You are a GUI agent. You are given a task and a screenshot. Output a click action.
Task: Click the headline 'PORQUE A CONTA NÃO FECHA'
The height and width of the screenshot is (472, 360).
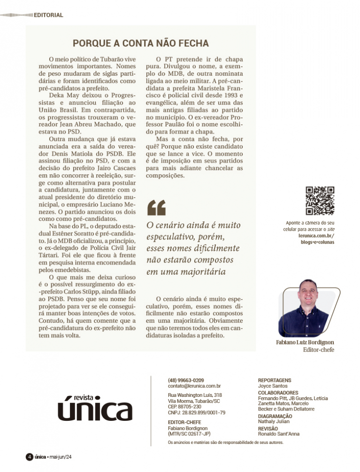click(x=140, y=44)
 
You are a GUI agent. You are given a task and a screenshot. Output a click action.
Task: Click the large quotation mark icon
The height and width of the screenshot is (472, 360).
click(x=156, y=207)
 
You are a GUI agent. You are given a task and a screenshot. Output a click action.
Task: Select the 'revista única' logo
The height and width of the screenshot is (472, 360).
click(x=95, y=406)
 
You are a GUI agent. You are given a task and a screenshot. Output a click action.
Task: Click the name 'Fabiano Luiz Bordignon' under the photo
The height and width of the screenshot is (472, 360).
click(x=305, y=342)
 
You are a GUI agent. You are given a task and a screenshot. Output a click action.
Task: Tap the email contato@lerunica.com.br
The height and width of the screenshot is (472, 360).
click(x=194, y=386)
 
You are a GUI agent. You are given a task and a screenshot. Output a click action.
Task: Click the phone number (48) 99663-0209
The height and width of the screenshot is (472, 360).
click(x=186, y=379)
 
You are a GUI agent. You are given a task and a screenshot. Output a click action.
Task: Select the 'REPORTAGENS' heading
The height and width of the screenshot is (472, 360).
click(x=275, y=379)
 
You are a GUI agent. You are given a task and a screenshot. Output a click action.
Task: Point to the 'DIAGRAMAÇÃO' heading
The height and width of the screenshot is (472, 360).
click(x=275, y=416)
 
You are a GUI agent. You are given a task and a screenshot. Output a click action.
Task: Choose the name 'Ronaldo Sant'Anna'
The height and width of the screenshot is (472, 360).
click(x=280, y=434)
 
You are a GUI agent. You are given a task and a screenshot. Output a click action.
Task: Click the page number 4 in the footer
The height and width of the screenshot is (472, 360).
click(x=28, y=457)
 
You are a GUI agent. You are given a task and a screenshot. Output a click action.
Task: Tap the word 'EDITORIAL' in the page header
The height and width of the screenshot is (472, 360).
click(x=48, y=15)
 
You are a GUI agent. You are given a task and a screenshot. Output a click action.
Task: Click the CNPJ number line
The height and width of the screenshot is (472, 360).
click(x=196, y=412)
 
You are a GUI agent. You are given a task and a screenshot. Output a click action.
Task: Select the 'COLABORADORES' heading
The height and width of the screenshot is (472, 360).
click(x=278, y=392)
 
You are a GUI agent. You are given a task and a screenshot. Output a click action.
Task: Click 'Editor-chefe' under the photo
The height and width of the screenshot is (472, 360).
click(x=318, y=350)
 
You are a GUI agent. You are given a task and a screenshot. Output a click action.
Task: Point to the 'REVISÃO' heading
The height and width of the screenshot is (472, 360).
click(x=268, y=428)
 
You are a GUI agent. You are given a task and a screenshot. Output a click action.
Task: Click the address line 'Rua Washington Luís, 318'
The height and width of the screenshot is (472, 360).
click(x=195, y=395)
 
